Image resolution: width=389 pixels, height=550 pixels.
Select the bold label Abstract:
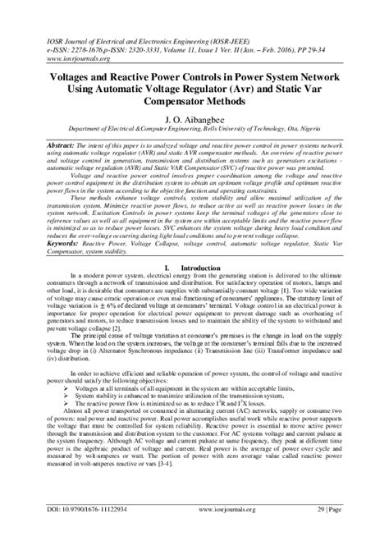pyautogui.click(x=43, y=144)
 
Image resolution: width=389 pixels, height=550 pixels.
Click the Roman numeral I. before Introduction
pyautogui.click(x=167, y=268)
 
